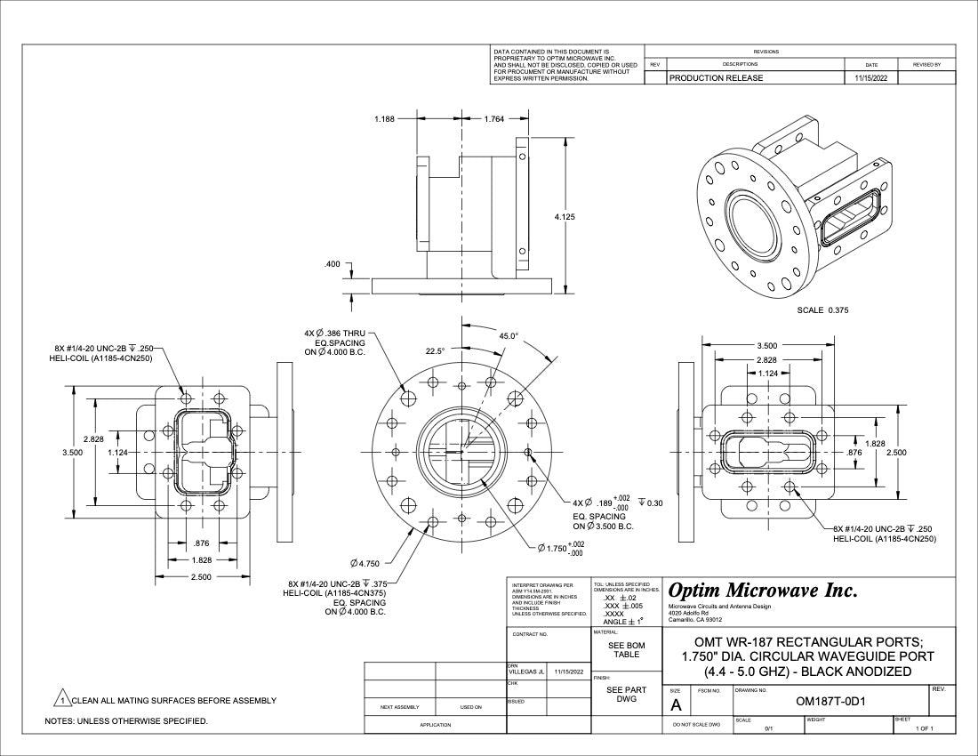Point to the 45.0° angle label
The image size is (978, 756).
click(x=509, y=336)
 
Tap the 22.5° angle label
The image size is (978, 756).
click(x=435, y=351)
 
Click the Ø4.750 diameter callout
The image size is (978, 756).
click(x=365, y=563)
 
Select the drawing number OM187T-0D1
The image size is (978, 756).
click(x=830, y=701)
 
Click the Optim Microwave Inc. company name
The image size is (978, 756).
click(x=762, y=591)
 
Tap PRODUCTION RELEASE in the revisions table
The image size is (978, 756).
click(x=716, y=78)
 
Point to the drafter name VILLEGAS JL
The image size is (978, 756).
click(x=525, y=672)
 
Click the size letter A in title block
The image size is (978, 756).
click(x=676, y=704)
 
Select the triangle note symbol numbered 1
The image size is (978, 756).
click(x=63, y=700)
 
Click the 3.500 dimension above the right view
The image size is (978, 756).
click(x=767, y=345)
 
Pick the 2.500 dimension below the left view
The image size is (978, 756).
click(x=202, y=577)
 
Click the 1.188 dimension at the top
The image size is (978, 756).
click(x=385, y=118)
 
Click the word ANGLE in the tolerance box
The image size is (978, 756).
click(x=619, y=622)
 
